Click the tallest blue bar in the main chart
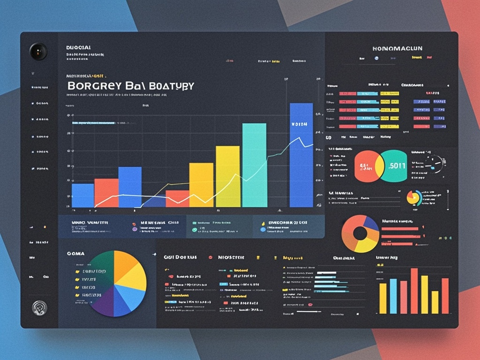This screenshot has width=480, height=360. (301, 155)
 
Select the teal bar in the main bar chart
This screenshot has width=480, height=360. (254, 165)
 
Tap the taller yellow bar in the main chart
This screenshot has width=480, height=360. (228, 176)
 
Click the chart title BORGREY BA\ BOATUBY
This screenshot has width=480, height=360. (130, 86)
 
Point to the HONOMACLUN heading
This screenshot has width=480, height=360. (397, 48)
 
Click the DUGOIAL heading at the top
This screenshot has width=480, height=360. (78, 47)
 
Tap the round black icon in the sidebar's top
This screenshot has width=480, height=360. (38, 51)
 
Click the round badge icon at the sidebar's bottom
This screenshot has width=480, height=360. (39, 307)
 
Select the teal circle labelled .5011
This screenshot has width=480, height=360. (394, 166)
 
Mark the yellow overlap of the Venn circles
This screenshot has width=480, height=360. (379, 166)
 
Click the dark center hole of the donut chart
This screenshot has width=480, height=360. (360, 233)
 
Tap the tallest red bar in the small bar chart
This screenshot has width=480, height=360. (414, 291)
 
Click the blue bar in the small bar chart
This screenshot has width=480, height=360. (393, 296)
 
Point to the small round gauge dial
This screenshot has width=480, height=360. (435, 164)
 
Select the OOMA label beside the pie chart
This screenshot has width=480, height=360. (75, 253)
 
